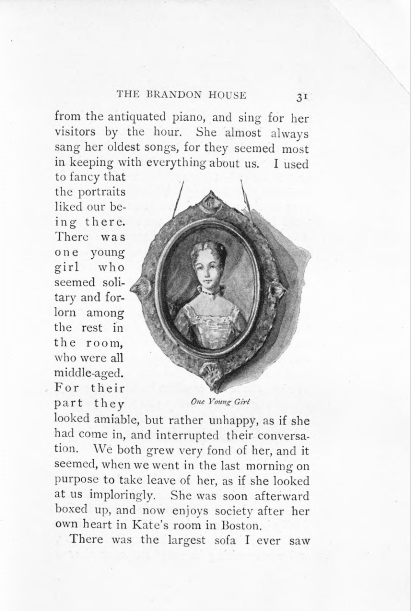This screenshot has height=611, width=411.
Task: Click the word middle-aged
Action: pos(89,373)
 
